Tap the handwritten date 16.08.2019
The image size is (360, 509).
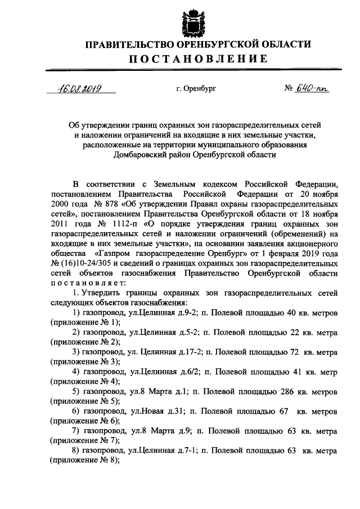pos(80,88)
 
